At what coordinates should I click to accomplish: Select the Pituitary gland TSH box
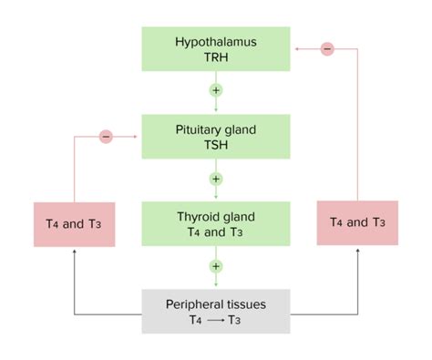tap(215, 137)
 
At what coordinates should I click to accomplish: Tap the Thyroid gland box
tap(215, 224)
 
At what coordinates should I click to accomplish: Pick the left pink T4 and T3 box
tap(74, 222)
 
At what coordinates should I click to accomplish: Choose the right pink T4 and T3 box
tap(356, 222)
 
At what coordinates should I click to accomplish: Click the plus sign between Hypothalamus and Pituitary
tap(216, 90)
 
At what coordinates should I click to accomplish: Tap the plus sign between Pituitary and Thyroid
tap(216, 178)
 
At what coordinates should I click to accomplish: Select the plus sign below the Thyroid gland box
tap(216, 266)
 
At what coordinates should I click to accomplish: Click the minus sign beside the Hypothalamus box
tap(327, 47)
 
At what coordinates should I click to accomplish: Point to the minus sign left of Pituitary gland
tap(106, 137)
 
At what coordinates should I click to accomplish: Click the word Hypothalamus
tap(215, 42)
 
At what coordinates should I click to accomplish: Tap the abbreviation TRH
tap(215, 58)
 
